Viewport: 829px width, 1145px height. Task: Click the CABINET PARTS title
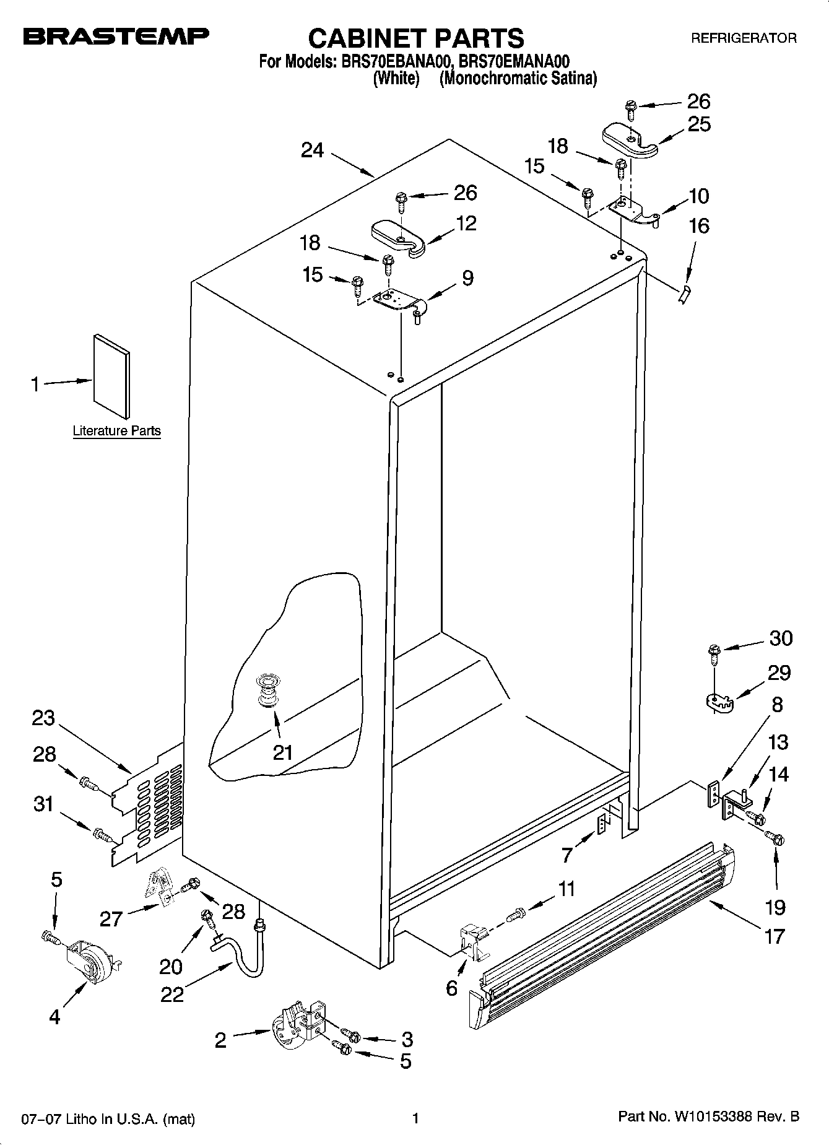coord(415,38)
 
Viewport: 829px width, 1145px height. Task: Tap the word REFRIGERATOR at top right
coord(744,38)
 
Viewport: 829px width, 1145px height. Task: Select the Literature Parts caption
coord(116,431)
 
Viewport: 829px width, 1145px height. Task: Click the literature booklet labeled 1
coord(111,376)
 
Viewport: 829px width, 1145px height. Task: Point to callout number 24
coord(313,150)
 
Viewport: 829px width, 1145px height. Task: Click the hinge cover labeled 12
coord(397,237)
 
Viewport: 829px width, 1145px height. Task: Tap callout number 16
coord(699,226)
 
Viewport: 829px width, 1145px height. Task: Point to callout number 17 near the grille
coord(774,936)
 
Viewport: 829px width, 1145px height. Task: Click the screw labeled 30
coord(713,652)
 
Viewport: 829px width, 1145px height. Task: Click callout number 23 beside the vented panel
coord(43,719)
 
